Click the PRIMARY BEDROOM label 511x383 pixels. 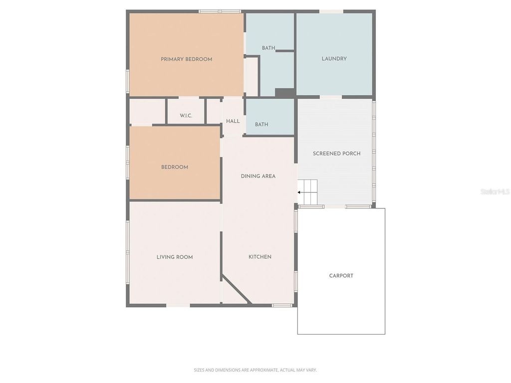(x=186, y=59)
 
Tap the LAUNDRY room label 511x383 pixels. (x=334, y=59)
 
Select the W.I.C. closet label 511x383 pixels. (x=186, y=116)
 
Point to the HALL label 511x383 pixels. (x=233, y=121)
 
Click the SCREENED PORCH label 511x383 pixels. (x=336, y=154)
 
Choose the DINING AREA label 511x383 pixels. (x=258, y=176)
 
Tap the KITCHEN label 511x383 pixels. (x=260, y=257)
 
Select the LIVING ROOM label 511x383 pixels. (x=175, y=257)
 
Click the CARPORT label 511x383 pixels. (x=341, y=276)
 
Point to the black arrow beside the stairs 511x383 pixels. (x=300, y=191)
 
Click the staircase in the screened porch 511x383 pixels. (x=308, y=192)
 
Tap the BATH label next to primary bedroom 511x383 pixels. (x=268, y=48)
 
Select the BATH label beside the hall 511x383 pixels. (x=261, y=125)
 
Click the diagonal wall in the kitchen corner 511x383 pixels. (x=236, y=289)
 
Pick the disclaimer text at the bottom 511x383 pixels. (x=255, y=370)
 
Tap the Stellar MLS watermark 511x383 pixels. (x=495, y=191)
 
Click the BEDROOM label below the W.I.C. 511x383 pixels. (x=175, y=167)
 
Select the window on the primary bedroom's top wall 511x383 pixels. (x=220, y=11)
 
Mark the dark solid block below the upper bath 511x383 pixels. (x=285, y=93)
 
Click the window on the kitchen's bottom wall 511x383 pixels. (x=282, y=305)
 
